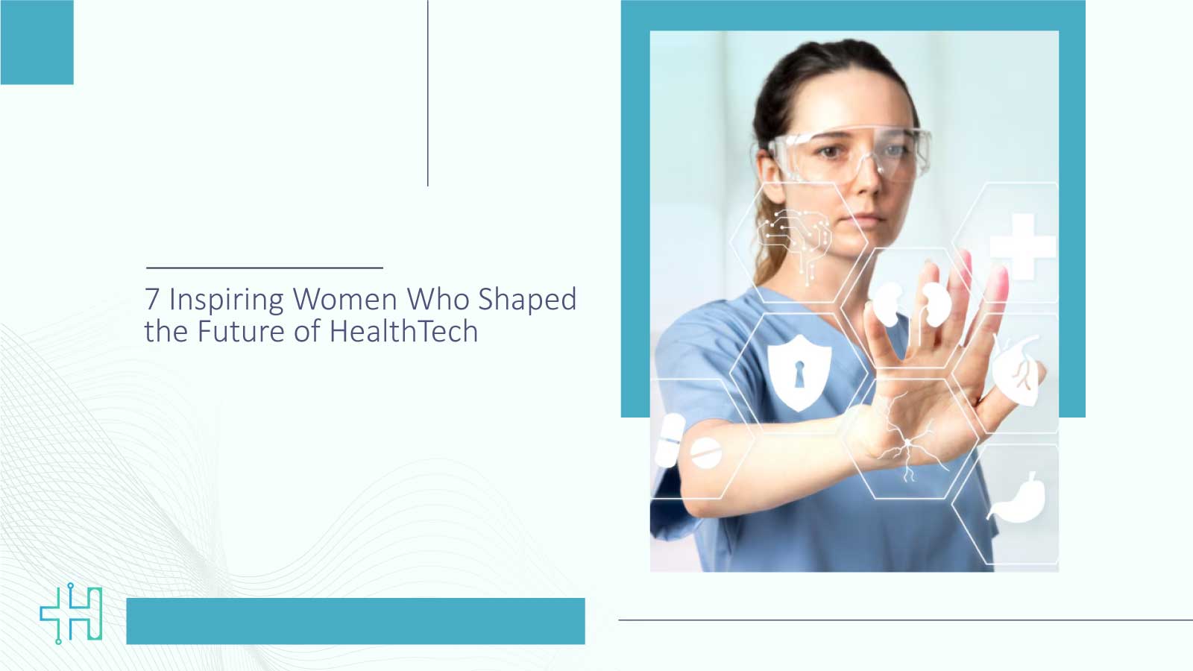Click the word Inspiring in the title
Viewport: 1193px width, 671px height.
pos(226,300)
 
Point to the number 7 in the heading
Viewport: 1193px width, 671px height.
pos(152,299)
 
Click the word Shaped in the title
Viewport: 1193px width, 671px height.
pos(527,300)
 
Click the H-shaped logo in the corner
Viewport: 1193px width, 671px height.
pos(72,614)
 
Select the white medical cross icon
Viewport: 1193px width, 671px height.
pos(1022,245)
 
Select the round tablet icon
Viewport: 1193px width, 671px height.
pos(705,453)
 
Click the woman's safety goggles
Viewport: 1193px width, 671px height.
pos(850,153)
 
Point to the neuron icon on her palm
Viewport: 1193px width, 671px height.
pos(906,440)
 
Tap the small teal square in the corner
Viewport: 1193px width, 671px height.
pos(37,42)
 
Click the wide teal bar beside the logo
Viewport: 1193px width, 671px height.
pos(356,621)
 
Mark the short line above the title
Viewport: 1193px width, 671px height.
pos(265,267)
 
